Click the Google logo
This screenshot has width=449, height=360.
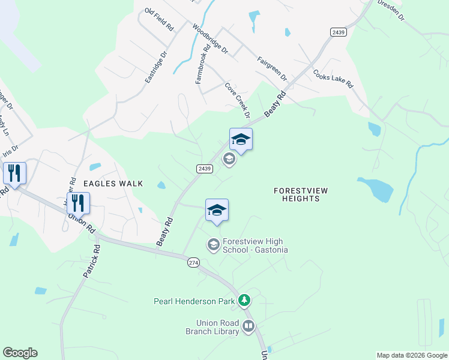click(20, 353)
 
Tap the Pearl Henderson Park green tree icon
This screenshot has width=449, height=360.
click(244, 300)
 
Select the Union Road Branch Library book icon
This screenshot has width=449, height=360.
click(248, 327)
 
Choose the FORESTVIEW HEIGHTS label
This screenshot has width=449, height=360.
click(301, 194)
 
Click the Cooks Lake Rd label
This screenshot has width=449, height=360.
click(332, 78)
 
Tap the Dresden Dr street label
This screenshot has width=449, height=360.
click(391, 10)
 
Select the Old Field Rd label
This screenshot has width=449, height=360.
click(159, 19)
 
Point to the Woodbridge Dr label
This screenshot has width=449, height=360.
click(210, 39)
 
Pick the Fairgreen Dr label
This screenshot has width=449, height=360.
click(272, 69)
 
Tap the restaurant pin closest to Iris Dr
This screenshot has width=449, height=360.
click(14, 173)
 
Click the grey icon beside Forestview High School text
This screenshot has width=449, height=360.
click(213, 244)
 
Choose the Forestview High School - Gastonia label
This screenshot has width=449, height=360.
click(255, 245)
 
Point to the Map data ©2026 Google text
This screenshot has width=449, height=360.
click(412, 355)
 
